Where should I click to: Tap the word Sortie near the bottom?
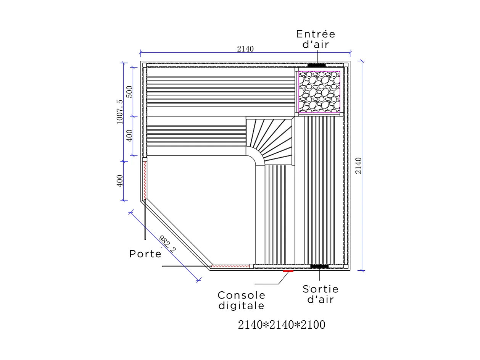pyautogui.click(x=321, y=289)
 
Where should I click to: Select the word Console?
pyautogui.click(x=241, y=295)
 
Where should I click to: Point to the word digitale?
pyautogui.click(x=241, y=306)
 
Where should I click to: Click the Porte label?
pyautogui.click(x=145, y=254)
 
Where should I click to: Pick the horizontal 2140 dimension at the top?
pyautogui.click(x=245, y=49)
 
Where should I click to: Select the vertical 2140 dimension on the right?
pyautogui.click(x=358, y=165)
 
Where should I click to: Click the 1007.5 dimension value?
pyautogui.click(x=119, y=112)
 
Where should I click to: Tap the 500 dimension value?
pyautogui.click(x=129, y=92)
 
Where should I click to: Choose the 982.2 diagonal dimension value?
pyautogui.click(x=168, y=245)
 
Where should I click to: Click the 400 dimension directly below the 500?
pyautogui.click(x=129, y=136)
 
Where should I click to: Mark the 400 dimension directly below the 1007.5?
pyautogui.click(x=120, y=181)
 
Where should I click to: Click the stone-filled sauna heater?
pyautogui.click(x=319, y=92)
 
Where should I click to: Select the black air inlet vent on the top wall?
pyautogui.click(x=316, y=65)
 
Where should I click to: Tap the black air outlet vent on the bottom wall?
pyautogui.click(x=319, y=266)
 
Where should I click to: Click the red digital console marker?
pyautogui.click(x=288, y=271)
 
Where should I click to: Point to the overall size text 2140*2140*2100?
pyautogui.click(x=281, y=325)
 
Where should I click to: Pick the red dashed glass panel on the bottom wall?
pyautogui.click(x=230, y=266)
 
